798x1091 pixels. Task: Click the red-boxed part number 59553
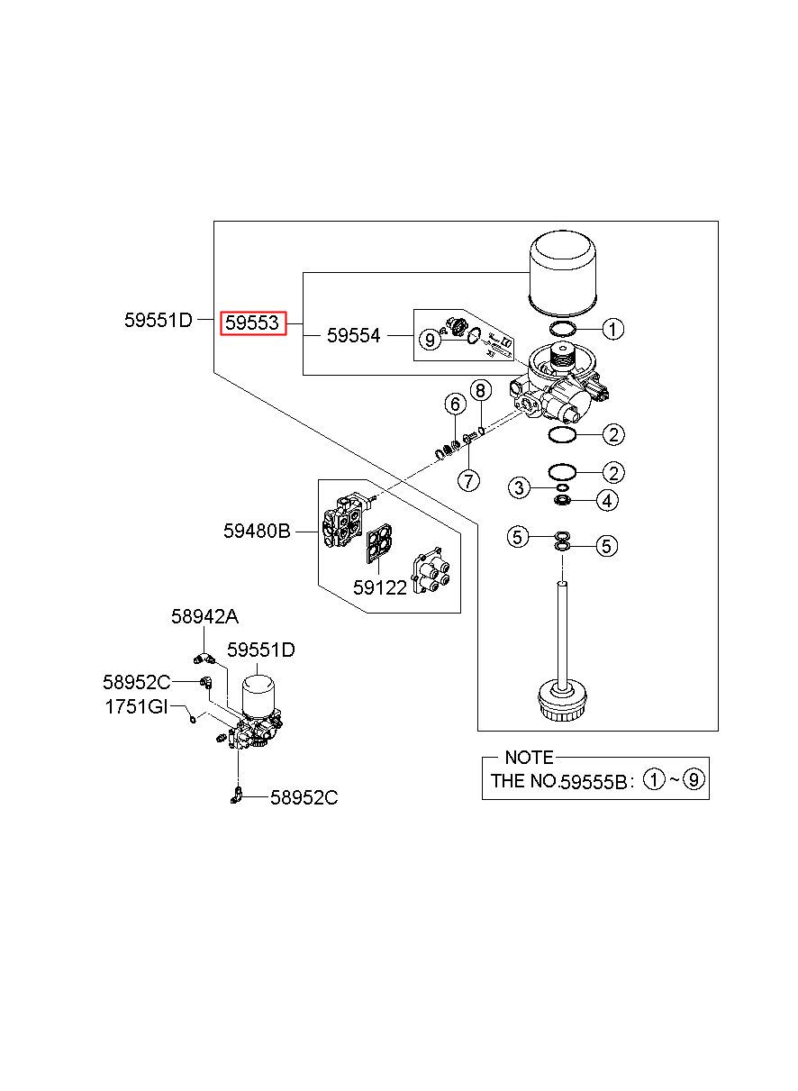pos(251,323)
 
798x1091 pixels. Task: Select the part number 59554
pos(353,335)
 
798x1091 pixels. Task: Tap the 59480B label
pos(257,531)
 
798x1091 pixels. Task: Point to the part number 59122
pos(380,588)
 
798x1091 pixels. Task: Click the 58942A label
pos(204,617)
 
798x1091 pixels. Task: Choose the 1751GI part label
pos(136,706)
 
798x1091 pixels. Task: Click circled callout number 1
pos(613,329)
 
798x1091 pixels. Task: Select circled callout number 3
pos(519,487)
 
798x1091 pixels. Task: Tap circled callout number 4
pos(607,500)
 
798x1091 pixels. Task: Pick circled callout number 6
pos(455,404)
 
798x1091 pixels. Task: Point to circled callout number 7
pos(469,481)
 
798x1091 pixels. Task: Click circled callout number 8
pos(481,391)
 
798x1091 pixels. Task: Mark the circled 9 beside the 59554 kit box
pos(430,340)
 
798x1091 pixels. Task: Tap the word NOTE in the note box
pos(530,758)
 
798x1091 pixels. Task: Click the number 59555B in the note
pos(593,782)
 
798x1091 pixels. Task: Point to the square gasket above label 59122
pos(380,543)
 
